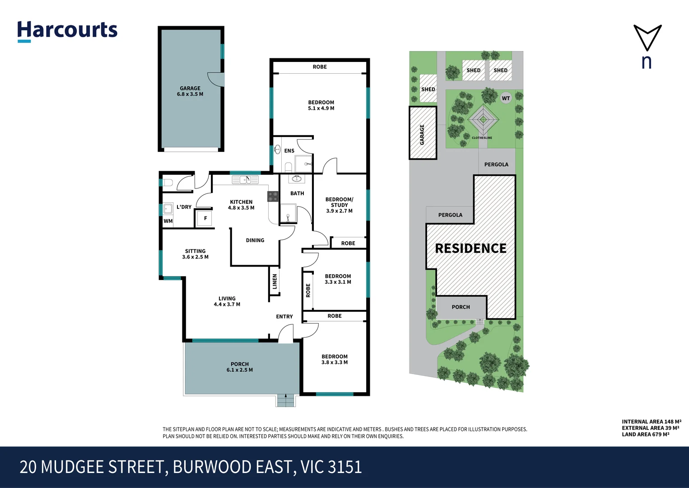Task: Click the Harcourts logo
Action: click(67, 31)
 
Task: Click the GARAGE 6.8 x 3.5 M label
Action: click(190, 91)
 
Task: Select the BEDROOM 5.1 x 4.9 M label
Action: click(321, 105)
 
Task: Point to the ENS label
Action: click(289, 151)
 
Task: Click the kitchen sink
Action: click(245, 180)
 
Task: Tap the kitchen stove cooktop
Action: click(273, 197)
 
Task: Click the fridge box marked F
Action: click(205, 219)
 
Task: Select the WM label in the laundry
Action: click(168, 221)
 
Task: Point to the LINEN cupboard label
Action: click(275, 282)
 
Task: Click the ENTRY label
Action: click(284, 317)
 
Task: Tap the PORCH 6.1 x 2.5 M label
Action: click(240, 367)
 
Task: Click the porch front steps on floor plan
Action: click(285, 400)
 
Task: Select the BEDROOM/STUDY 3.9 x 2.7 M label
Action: click(339, 205)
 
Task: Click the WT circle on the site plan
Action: click(506, 98)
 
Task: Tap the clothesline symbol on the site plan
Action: click(483, 120)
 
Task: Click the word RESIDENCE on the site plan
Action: click(470, 249)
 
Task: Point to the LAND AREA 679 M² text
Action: click(645, 435)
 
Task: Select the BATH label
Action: click(297, 193)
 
